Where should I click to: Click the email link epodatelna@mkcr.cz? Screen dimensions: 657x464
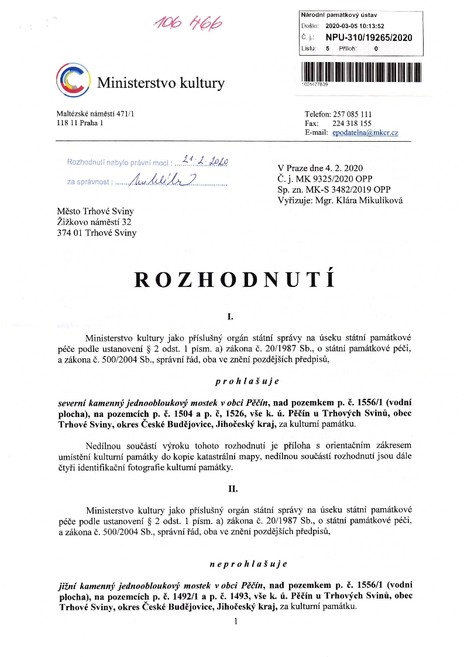click(365, 133)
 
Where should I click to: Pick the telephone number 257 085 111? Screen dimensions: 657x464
click(352, 114)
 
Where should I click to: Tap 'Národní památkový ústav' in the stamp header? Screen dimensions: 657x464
click(338, 13)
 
